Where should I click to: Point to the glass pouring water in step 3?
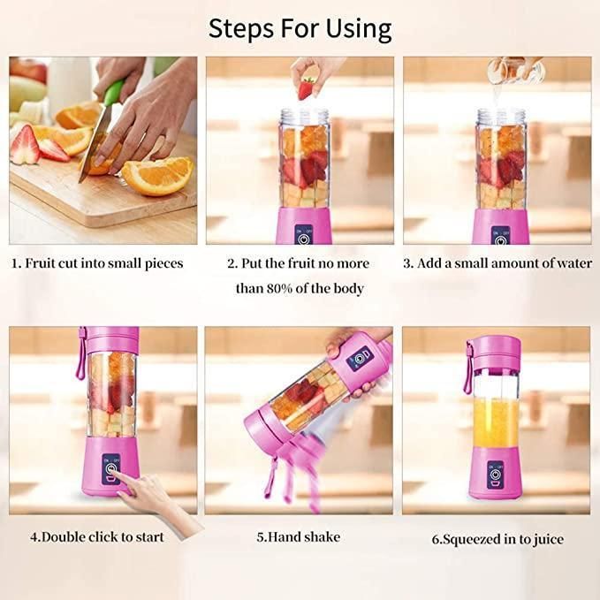coord(512,73)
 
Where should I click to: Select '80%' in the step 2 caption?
coord(285,288)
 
